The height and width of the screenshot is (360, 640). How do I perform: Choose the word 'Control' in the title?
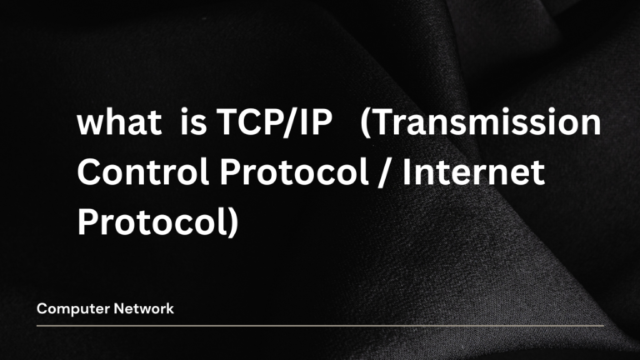[x=134, y=174]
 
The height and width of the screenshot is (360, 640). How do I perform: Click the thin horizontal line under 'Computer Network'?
[x=320, y=325]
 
